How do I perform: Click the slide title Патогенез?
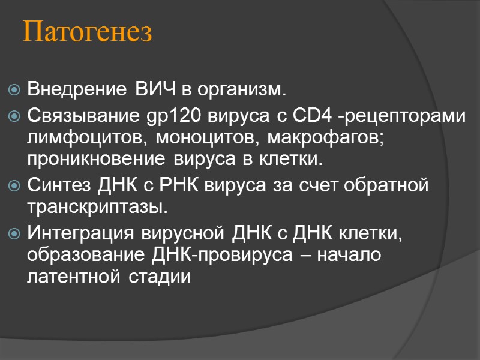pyautogui.click(x=88, y=34)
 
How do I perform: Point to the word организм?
pyautogui.click(x=243, y=91)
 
